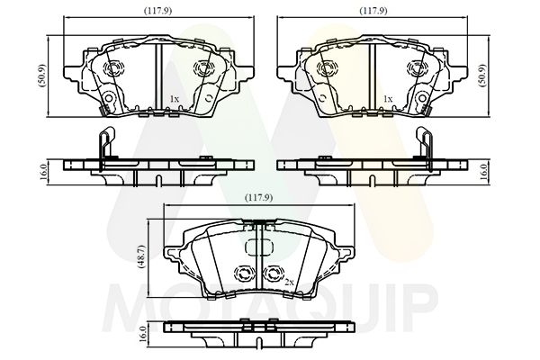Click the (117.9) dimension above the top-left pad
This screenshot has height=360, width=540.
click(157, 11)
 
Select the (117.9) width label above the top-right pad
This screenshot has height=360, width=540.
click(373, 11)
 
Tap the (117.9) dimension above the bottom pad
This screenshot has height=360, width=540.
click(258, 198)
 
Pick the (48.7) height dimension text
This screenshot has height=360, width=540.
click(144, 257)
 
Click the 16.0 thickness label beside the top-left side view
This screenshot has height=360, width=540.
click(43, 172)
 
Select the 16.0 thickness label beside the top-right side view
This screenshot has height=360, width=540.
click(483, 172)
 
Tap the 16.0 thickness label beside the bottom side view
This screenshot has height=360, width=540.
click(143, 333)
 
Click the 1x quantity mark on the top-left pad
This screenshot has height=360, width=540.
click(175, 99)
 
